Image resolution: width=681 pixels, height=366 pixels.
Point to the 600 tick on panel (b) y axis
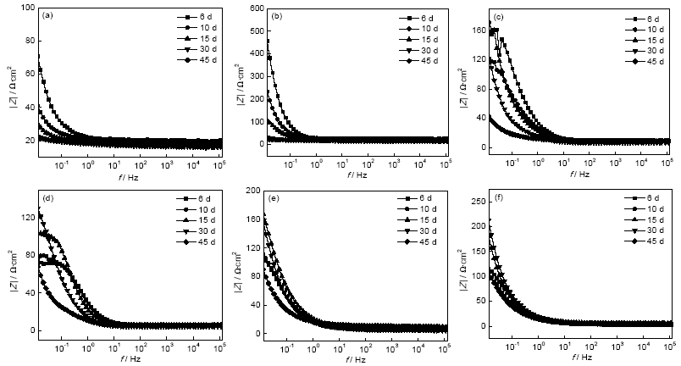pos(252,8)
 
